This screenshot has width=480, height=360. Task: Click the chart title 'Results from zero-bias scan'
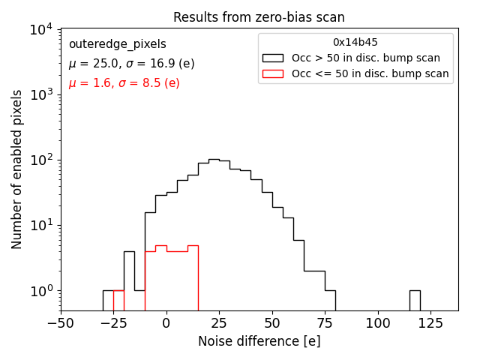point(259,17)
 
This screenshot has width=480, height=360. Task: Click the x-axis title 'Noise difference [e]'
point(259,341)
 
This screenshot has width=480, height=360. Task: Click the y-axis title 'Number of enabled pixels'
point(16,169)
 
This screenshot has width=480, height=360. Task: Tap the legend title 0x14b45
point(355,43)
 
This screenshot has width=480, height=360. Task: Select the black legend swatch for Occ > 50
point(272,58)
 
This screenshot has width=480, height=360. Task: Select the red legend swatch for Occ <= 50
point(272,73)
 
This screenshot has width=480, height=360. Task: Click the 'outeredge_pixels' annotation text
point(117,44)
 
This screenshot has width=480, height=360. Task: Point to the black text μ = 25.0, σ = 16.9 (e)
point(131,64)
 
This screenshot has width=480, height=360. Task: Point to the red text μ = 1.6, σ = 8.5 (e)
point(124,83)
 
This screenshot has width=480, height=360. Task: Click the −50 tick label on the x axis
point(61,323)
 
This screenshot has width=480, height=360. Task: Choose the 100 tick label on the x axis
point(378,323)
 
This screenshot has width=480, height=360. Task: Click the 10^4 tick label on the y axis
point(40,30)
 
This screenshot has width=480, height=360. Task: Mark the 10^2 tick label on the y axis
point(40,160)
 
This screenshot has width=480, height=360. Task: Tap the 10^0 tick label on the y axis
point(40,291)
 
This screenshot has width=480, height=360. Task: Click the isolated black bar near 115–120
point(415,300)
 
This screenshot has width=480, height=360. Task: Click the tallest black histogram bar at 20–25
point(214,232)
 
